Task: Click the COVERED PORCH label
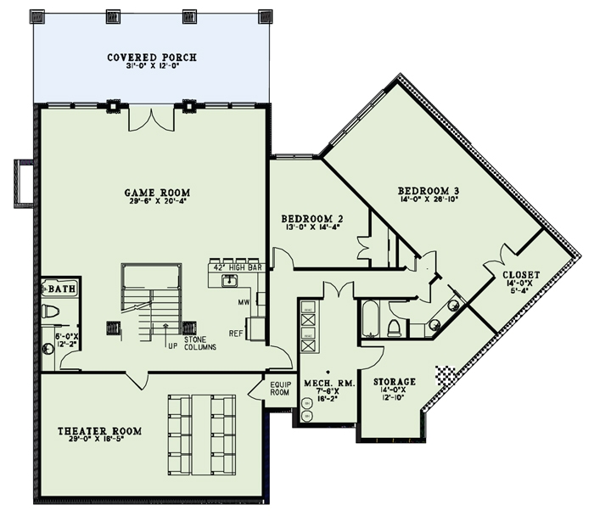(152, 58)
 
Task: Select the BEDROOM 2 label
(311, 219)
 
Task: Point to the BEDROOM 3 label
(429, 192)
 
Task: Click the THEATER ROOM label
(100, 431)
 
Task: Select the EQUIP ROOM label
(280, 388)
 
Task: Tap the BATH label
(60, 289)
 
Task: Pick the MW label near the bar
(243, 301)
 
